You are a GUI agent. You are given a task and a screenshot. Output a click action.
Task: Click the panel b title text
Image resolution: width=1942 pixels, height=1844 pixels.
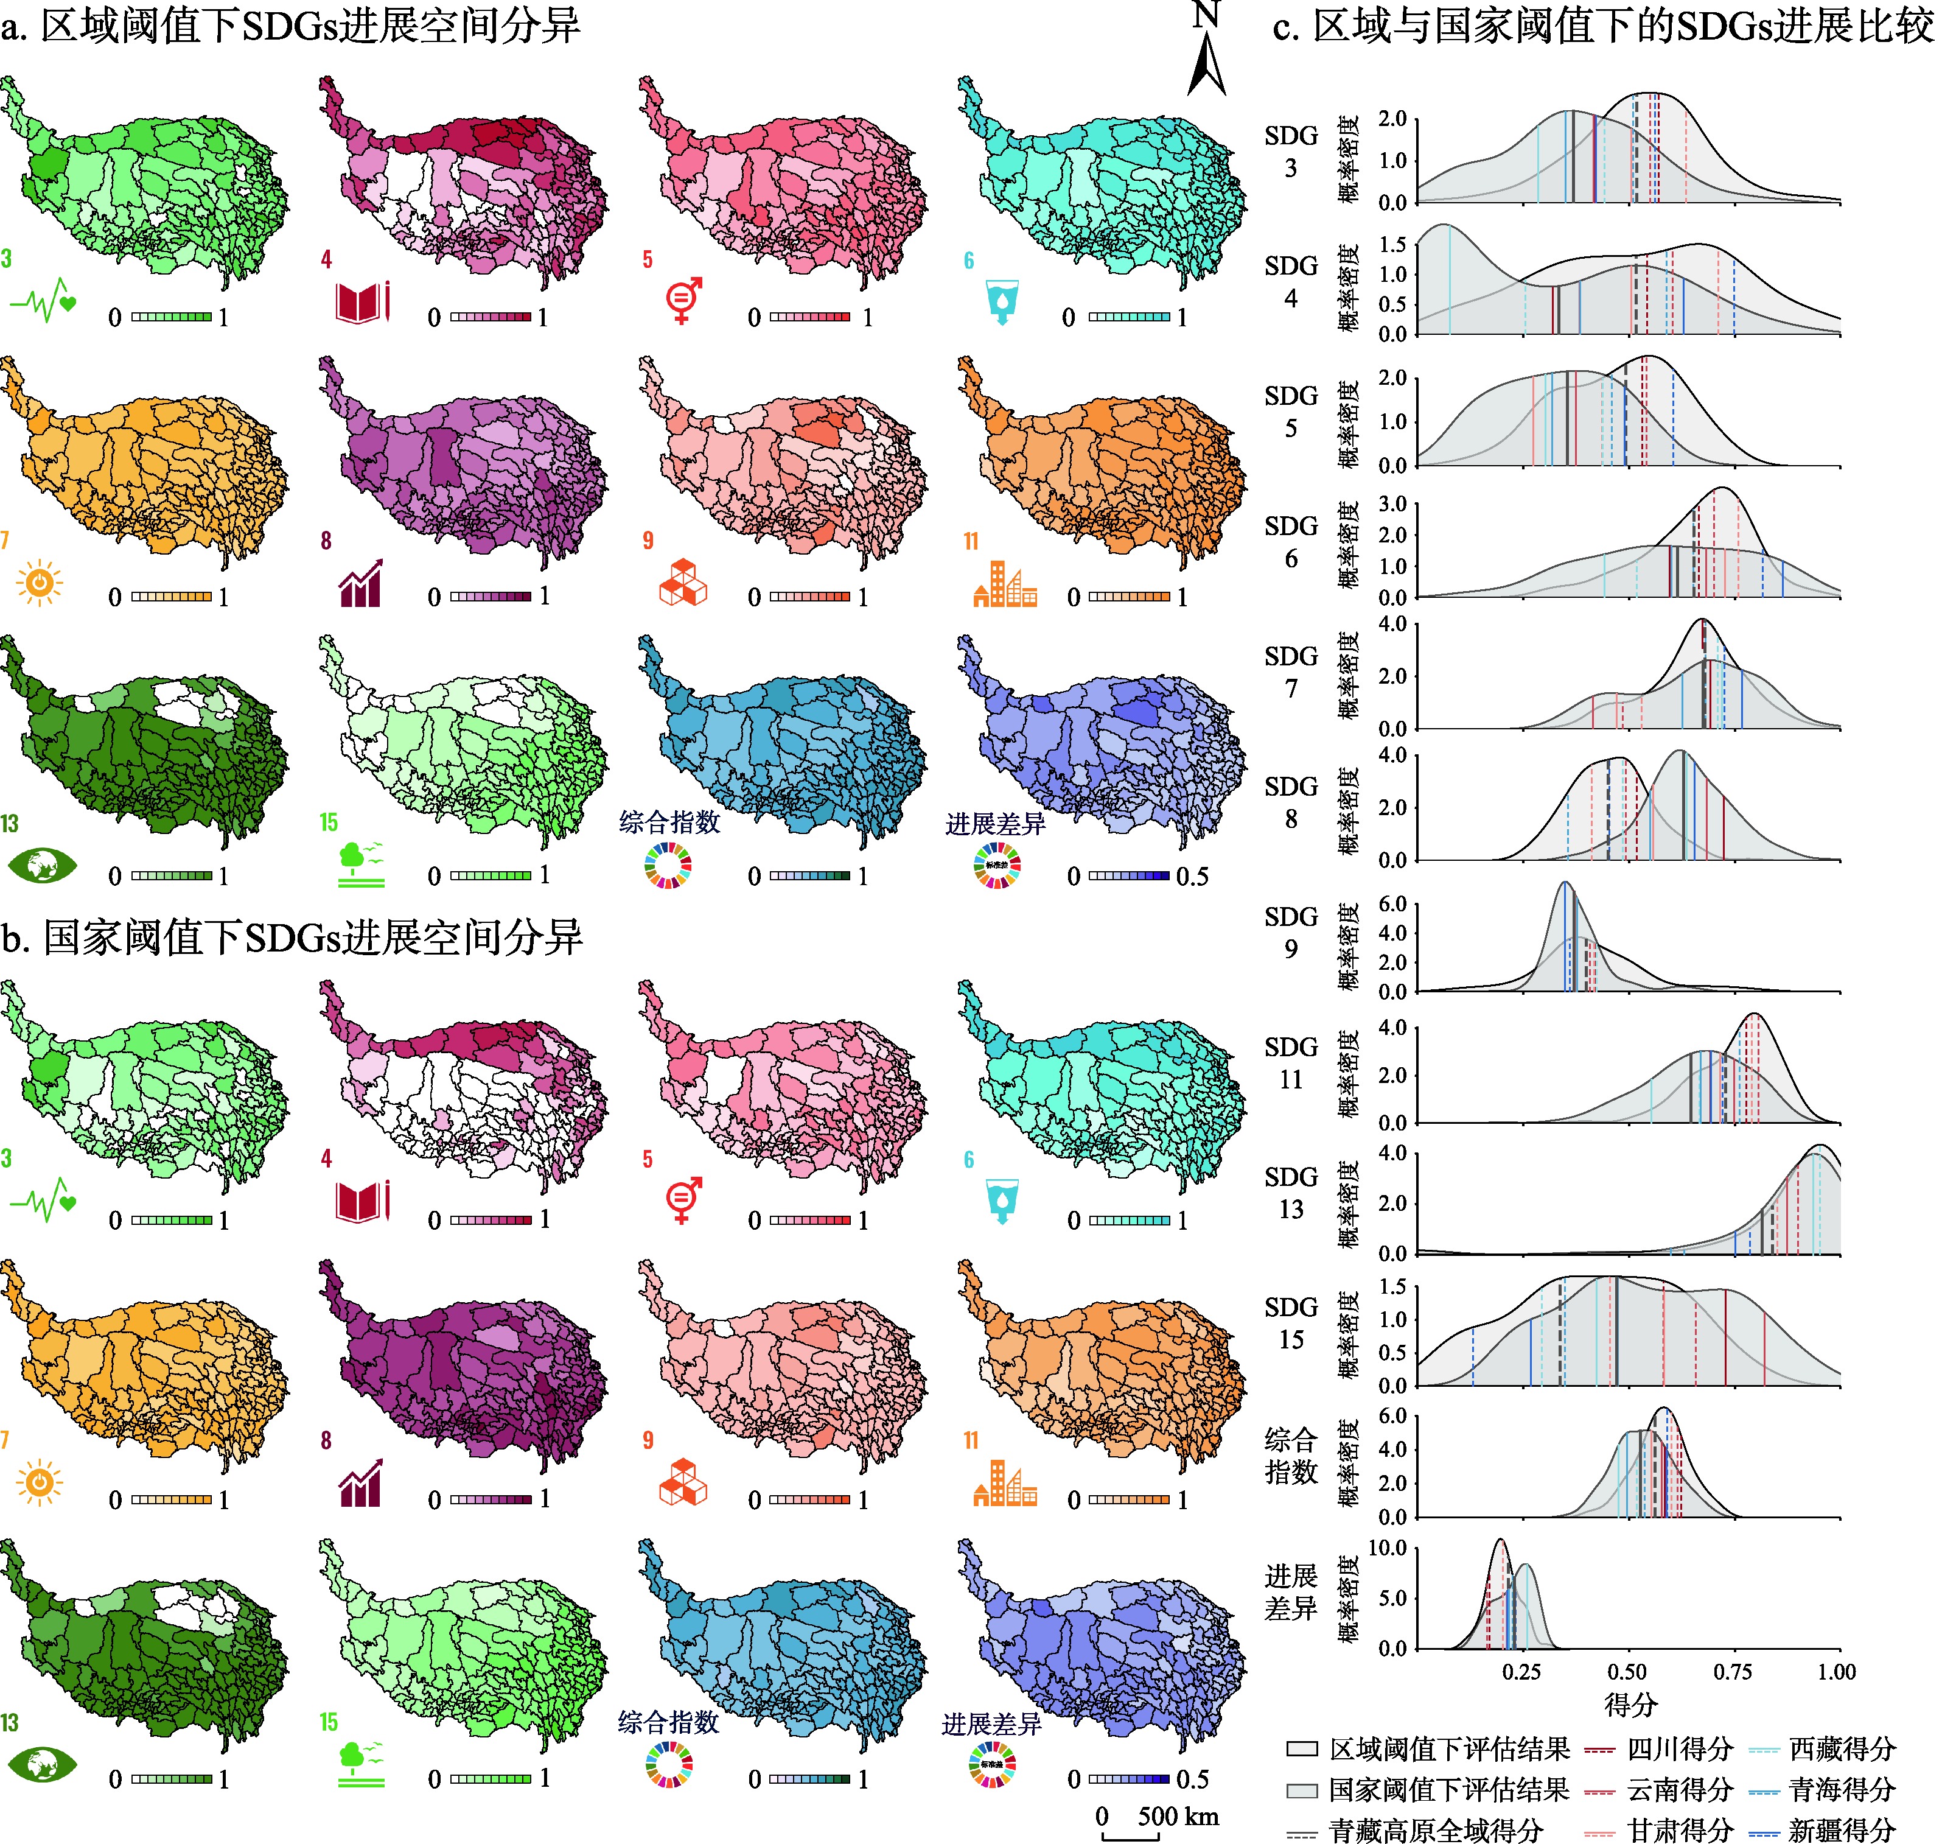[x=292, y=938]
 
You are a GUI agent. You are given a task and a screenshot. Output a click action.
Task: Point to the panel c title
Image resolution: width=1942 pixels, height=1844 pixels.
[x=1603, y=27]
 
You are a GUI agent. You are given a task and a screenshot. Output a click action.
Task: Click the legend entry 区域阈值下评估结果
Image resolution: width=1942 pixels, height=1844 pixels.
[x=1448, y=1750]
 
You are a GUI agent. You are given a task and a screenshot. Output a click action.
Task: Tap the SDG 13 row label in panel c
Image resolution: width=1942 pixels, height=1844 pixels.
[x=1290, y=1193]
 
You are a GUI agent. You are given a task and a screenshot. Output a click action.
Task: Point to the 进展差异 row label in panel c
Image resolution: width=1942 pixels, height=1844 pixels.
[x=1290, y=1593]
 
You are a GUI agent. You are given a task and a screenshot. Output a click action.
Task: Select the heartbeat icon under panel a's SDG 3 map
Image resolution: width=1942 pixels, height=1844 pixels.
[x=42, y=303]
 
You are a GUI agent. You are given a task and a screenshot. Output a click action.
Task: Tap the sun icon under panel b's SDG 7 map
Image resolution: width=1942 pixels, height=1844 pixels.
[x=40, y=1482]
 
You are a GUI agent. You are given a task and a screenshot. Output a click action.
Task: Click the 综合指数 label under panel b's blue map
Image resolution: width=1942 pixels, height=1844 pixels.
[x=668, y=1722]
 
